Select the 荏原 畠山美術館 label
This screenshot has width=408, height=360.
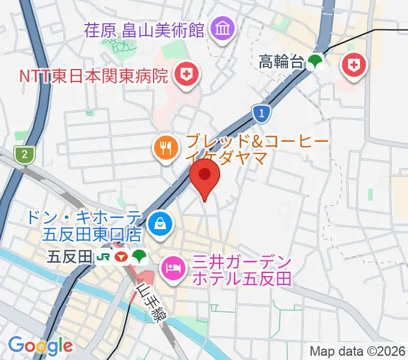(145, 29)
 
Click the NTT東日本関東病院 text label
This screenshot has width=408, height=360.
(85, 76)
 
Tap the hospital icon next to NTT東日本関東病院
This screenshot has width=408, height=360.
(185, 74)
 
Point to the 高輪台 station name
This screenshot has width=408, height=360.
(281, 61)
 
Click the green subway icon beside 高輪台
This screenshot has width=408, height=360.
(315, 61)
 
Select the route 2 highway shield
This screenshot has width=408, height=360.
(25, 154)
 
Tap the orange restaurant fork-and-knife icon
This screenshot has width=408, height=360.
(166, 148)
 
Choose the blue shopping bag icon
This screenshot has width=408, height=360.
(160, 224)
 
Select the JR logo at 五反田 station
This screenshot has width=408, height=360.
(103, 257)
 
